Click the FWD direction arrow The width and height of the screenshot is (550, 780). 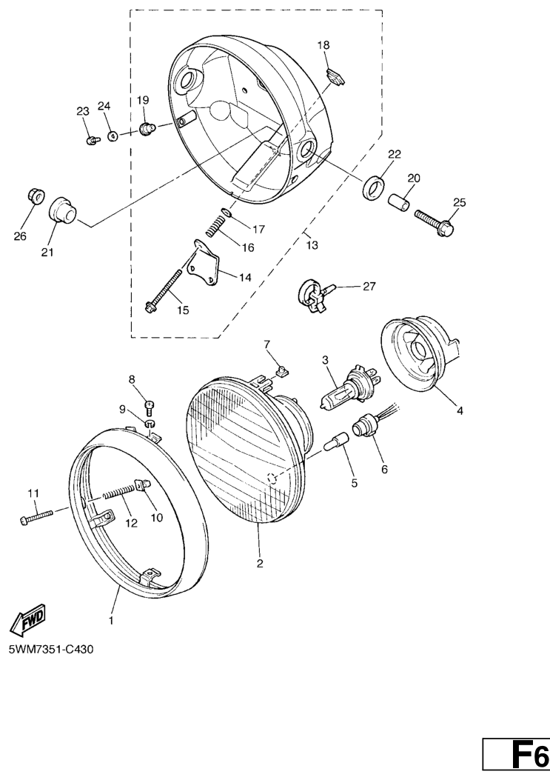coord(28,620)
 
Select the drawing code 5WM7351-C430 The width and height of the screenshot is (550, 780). coord(51,650)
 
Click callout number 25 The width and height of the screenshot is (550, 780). coord(460,202)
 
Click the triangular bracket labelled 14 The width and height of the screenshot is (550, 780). coord(205,263)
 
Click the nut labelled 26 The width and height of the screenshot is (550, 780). coord(35,196)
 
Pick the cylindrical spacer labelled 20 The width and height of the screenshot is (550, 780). coord(400,203)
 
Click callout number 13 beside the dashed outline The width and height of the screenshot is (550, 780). coord(312,245)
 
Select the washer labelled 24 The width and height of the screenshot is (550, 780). coord(113,135)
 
